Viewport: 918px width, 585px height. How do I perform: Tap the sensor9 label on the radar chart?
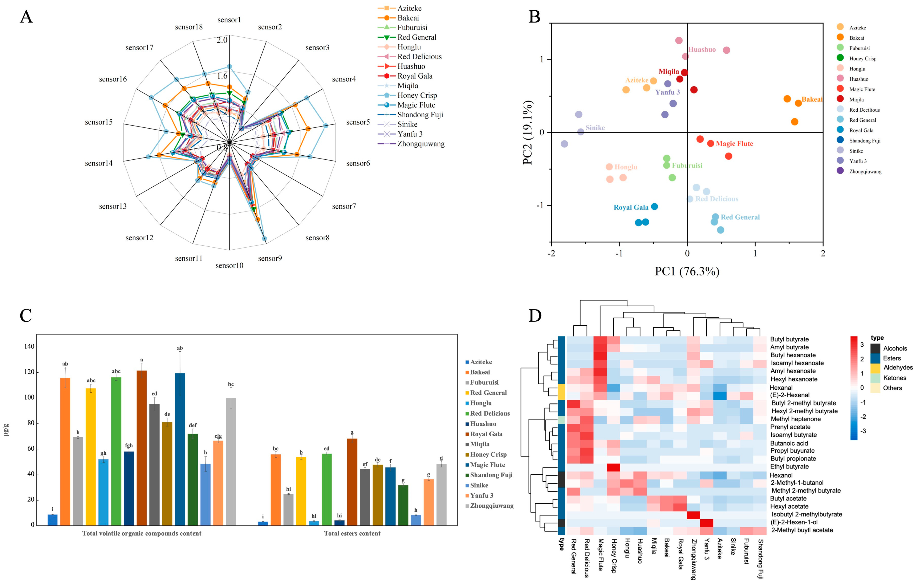270,258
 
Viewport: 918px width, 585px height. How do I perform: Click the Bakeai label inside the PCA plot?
812,99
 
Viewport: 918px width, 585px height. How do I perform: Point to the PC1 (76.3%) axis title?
687,271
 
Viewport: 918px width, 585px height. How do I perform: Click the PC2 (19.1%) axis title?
528,133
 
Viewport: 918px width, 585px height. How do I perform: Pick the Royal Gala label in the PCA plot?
631,207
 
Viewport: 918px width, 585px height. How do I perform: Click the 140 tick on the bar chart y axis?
29,346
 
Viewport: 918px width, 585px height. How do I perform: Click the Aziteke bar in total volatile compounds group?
53,520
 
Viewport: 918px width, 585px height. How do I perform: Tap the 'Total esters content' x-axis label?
352,533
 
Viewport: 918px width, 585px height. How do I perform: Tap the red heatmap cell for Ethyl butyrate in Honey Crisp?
613,467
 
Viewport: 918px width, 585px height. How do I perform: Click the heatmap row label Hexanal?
781,388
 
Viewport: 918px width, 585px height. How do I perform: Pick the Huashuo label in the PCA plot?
702,50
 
